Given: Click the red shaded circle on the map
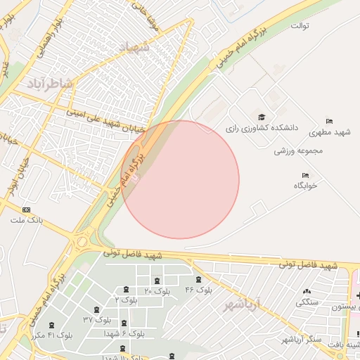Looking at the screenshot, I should point(181,179).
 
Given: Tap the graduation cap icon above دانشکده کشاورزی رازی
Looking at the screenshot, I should point(262,117).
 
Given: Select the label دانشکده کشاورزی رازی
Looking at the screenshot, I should point(262,129).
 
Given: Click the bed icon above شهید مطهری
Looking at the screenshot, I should point(329,122).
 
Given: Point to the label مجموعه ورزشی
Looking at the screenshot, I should point(298,150).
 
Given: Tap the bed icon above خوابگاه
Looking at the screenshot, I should point(305,175).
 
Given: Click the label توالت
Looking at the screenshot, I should point(301,25).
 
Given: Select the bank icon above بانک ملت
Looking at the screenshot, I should point(27,210).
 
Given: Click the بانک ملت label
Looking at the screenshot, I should point(27,220).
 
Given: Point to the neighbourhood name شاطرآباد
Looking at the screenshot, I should point(50,84).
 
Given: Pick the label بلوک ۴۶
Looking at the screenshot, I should point(199,290).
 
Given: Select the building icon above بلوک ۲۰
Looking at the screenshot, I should point(157,281).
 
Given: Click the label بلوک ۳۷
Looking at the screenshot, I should point(98,319).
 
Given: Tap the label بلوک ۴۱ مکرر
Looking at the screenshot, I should point(51,335).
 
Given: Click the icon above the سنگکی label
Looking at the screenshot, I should point(307,292).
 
